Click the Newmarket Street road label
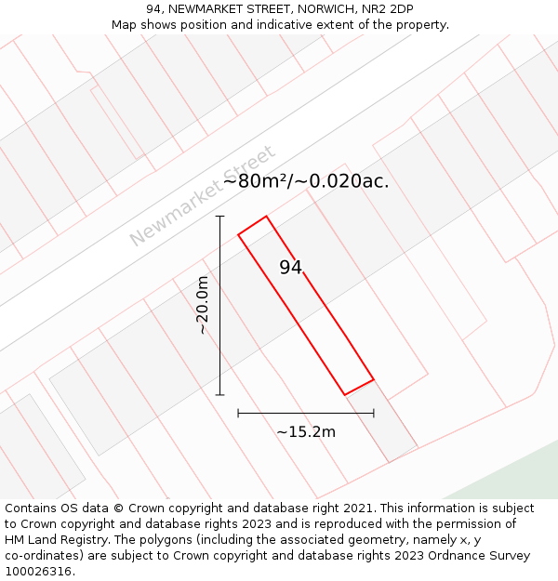pos(202,196)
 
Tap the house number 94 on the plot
pos(291,268)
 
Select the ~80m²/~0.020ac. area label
pos(306,181)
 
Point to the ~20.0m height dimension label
pos(203,305)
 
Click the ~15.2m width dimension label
pos(306,431)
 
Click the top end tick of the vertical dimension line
pos(220,217)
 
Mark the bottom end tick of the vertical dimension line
pos(220,395)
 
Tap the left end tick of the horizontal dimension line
pos(238,413)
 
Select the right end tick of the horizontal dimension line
pos(374,413)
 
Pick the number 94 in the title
pos(154,9)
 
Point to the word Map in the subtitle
pos(125,24)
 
